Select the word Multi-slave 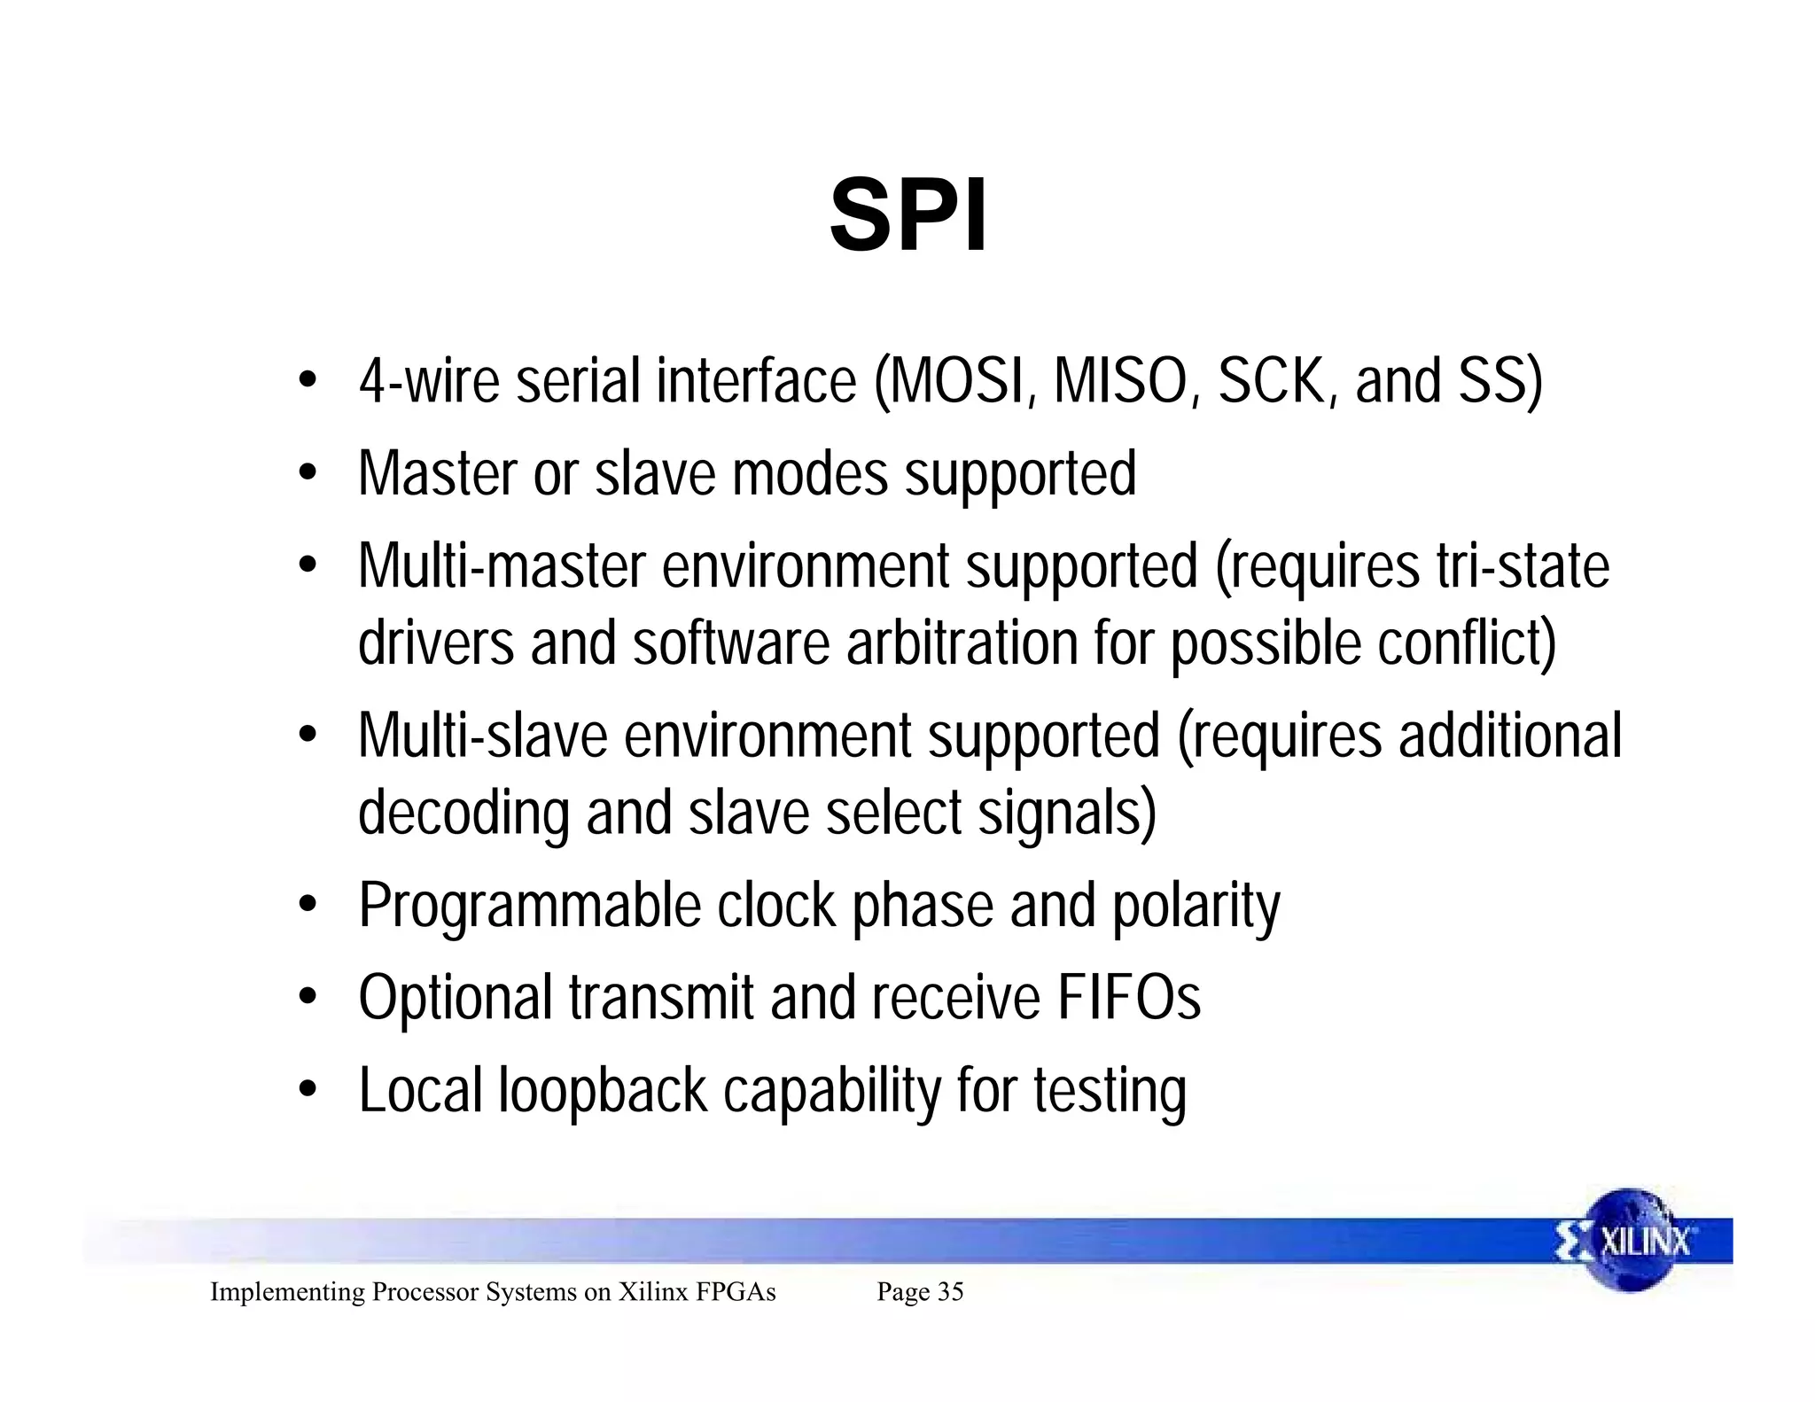(483, 736)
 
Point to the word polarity (1196, 907)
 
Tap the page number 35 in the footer (950, 1292)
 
